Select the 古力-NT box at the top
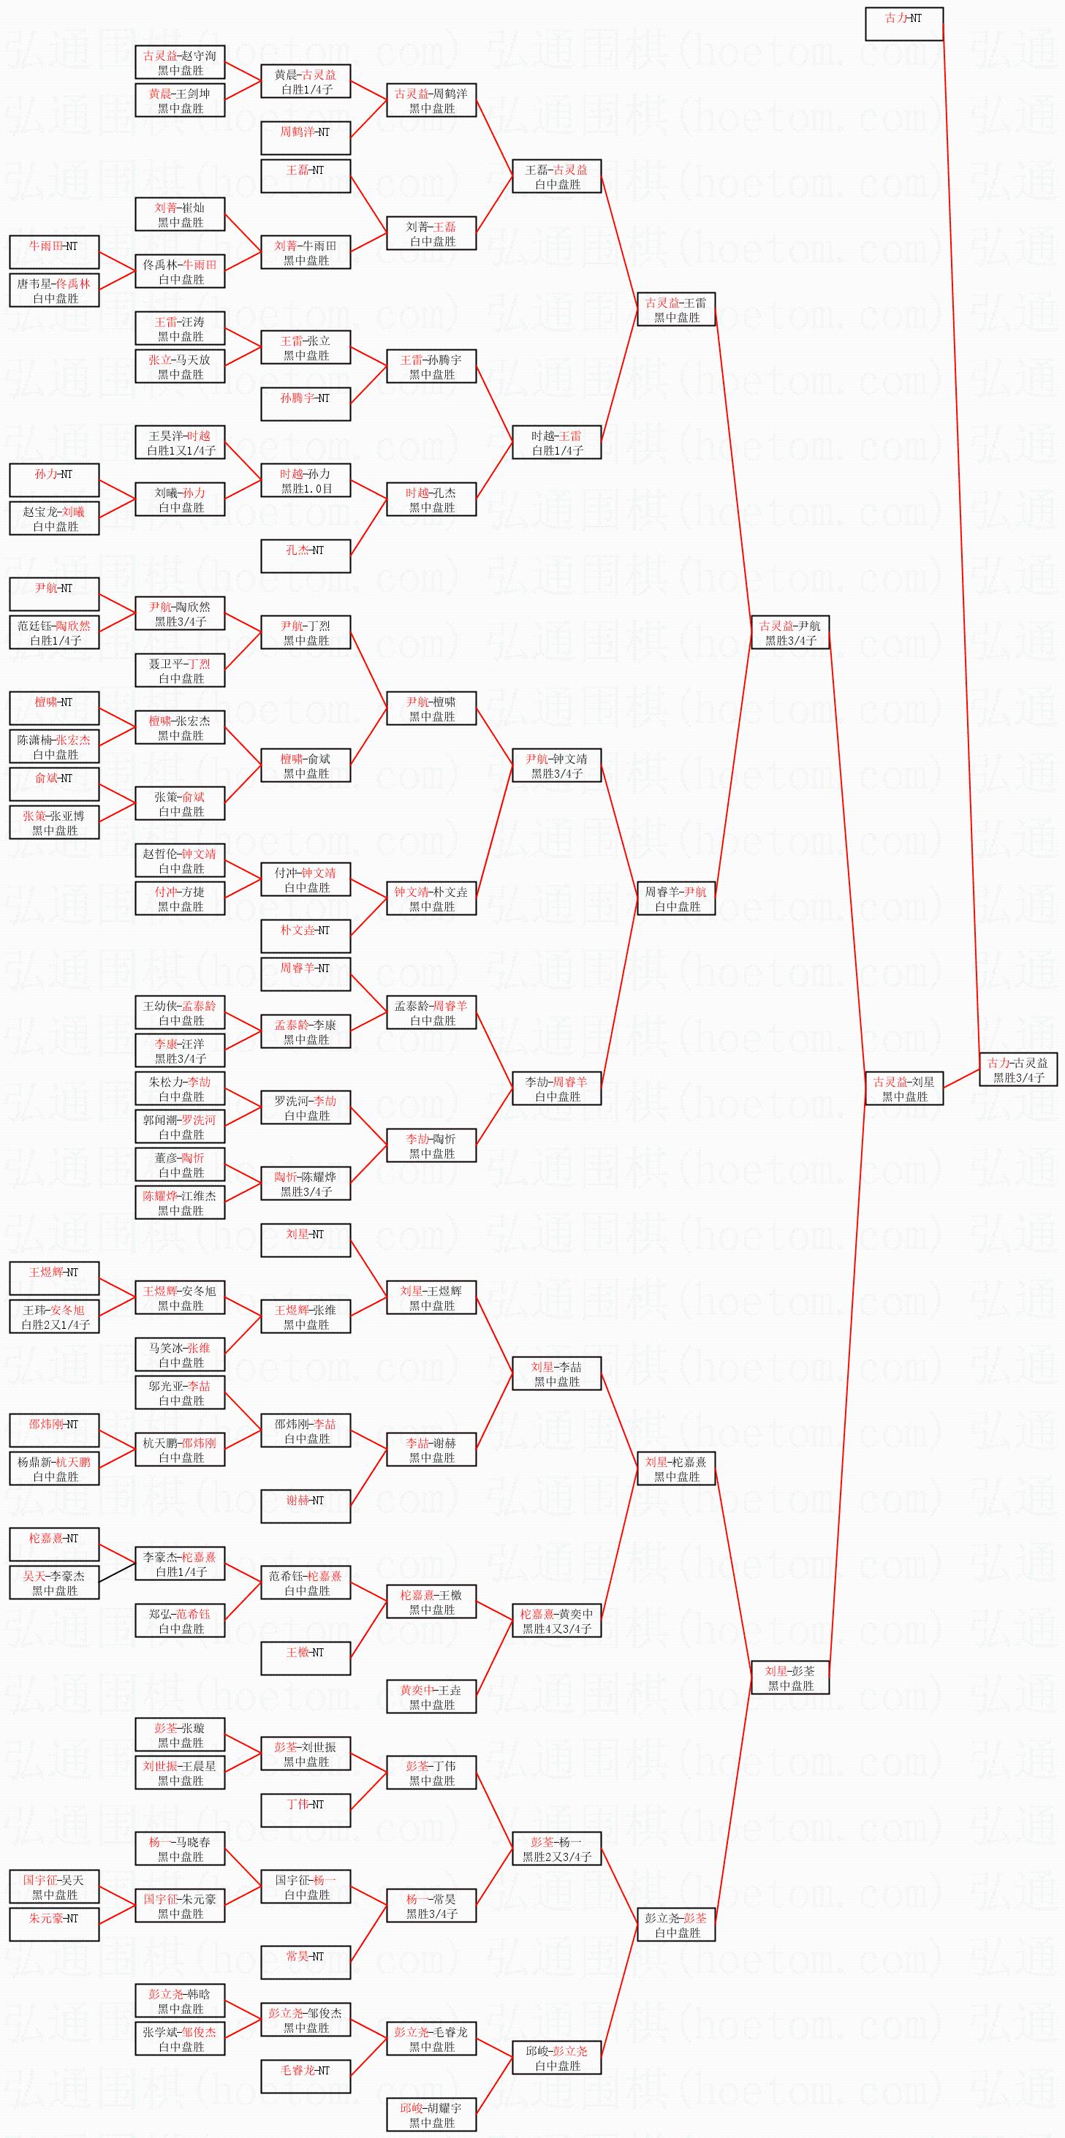click(904, 24)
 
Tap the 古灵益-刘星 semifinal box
click(904, 1088)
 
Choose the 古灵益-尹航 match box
click(790, 632)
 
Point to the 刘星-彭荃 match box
click(790, 1678)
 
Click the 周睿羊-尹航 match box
click(675, 899)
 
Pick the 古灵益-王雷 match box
click(675, 310)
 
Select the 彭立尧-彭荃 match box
click(675, 1925)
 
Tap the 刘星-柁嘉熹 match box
click(675, 1468)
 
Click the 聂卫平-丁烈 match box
click(180, 670)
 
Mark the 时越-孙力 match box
click(306, 480)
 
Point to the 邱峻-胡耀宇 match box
click(431, 2114)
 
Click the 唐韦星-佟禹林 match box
click(54, 290)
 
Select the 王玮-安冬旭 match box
click(54, 1316)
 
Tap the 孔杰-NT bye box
click(306, 556)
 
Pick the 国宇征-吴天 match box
click(54, 1887)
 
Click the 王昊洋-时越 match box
click(180, 442)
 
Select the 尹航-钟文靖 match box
click(556, 765)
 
